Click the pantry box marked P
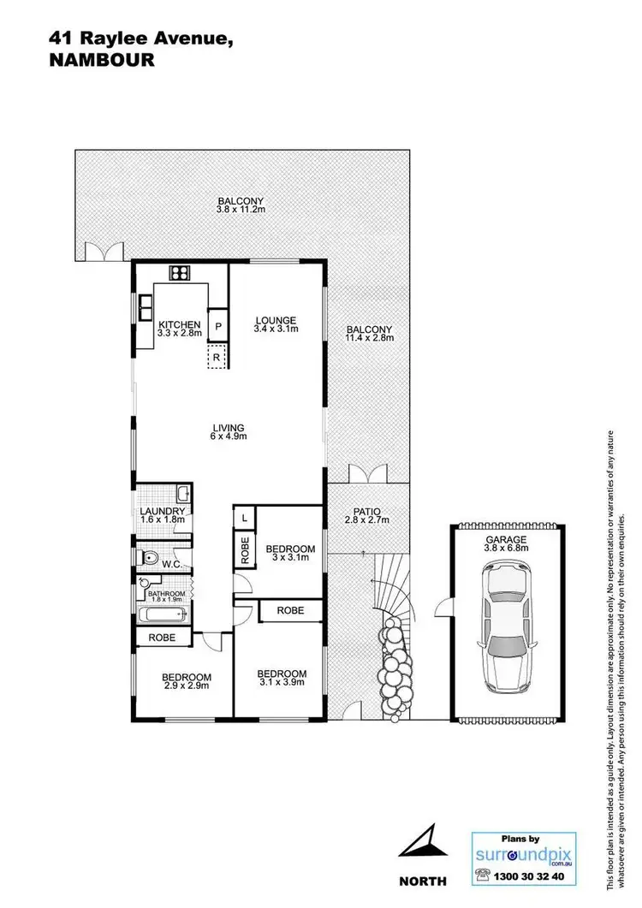(x=217, y=326)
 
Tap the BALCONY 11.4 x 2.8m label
(x=369, y=334)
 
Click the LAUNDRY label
(x=163, y=516)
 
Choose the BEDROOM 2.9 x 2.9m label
(x=187, y=682)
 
